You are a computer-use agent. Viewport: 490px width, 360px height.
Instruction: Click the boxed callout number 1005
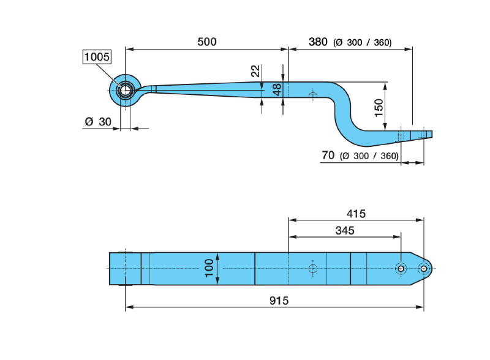click(97, 57)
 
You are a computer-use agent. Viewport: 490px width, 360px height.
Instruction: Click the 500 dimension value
click(207, 42)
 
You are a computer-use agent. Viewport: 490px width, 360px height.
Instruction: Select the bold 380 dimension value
click(318, 42)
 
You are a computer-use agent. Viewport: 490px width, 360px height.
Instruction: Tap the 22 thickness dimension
click(255, 71)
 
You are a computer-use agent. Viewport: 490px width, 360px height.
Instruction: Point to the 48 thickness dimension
click(277, 89)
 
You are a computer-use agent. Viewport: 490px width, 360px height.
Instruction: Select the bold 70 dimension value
click(328, 156)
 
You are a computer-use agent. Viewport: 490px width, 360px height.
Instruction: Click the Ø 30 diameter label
click(98, 121)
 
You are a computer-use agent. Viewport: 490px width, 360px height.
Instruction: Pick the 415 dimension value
click(355, 214)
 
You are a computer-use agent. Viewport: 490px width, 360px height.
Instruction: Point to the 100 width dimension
click(209, 268)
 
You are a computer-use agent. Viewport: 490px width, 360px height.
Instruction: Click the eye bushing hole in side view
click(125, 90)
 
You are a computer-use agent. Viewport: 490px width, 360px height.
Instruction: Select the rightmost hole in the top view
click(423, 268)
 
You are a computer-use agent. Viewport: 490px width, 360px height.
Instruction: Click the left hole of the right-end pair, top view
click(400, 268)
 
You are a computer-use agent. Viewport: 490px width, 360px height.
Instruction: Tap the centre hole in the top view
click(313, 269)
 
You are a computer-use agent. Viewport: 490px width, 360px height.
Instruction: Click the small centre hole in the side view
click(313, 95)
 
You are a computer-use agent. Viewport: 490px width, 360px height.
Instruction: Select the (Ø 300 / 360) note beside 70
click(369, 156)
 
